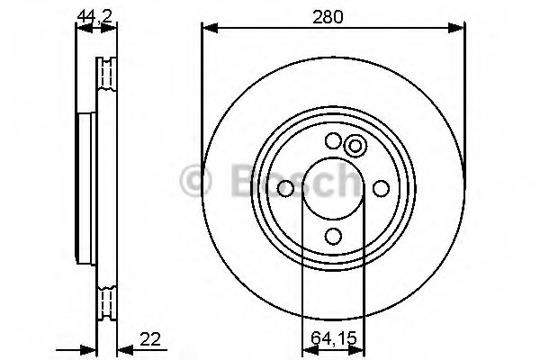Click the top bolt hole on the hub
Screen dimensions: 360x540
coord(333,140)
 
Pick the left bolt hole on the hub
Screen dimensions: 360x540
coord(285,188)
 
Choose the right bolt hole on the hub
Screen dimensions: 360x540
coord(381,188)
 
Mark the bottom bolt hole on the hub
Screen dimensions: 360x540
coord(333,236)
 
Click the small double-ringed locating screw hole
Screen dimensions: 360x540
coord(355,146)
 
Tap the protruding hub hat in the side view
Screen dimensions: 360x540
coord(85,188)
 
